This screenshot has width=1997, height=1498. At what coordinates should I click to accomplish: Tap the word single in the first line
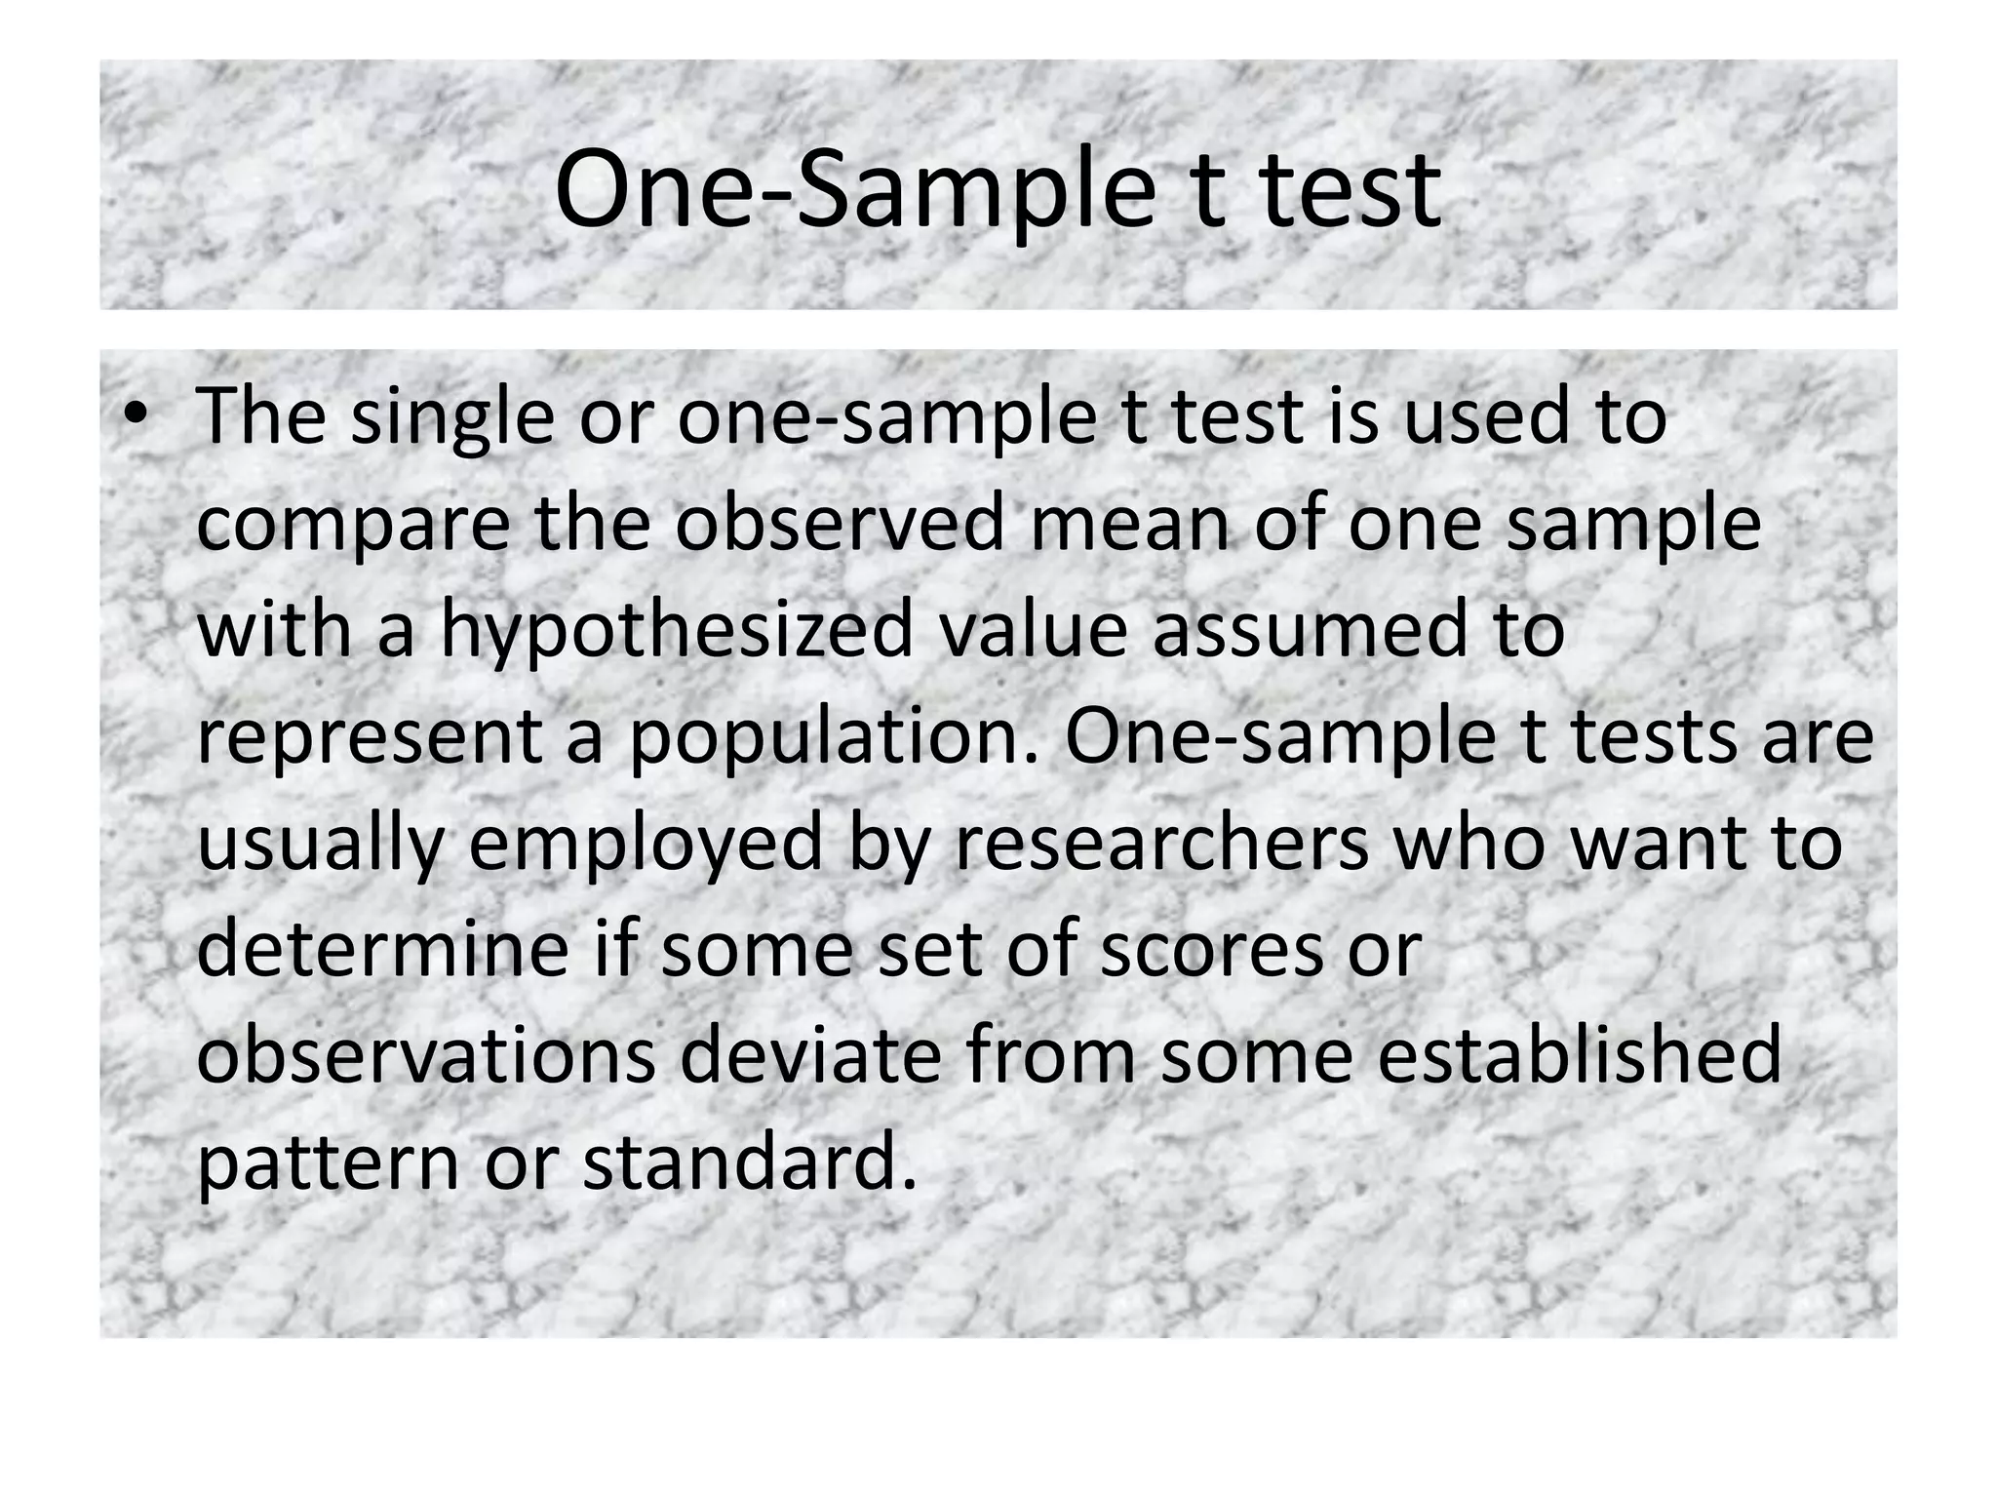coord(452,416)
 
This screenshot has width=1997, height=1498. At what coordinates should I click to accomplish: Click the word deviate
coord(810,1056)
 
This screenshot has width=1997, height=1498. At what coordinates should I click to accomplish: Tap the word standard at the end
coord(750,1163)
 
